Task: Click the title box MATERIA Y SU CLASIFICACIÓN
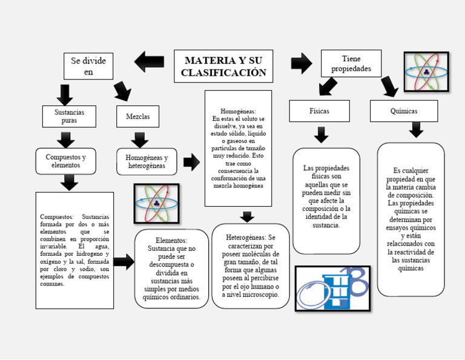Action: [x=223, y=66]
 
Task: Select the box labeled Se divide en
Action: [x=88, y=66]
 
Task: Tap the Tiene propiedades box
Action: [x=351, y=63]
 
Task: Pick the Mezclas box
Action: [x=137, y=116]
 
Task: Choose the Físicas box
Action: [x=319, y=111]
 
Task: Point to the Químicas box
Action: [x=404, y=111]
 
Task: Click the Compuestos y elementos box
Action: [x=65, y=161]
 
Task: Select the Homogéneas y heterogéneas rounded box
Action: [x=147, y=161]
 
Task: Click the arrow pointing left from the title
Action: [x=149, y=61]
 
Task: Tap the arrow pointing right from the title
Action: [x=301, y=62]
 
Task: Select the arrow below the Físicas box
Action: [x=321, y=134]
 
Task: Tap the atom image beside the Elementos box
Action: [x=156, y=203]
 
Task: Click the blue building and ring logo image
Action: [x=332, y=288]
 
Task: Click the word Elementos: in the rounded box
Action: [x=171, y=241]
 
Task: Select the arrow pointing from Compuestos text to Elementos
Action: [x=124, y=262]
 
